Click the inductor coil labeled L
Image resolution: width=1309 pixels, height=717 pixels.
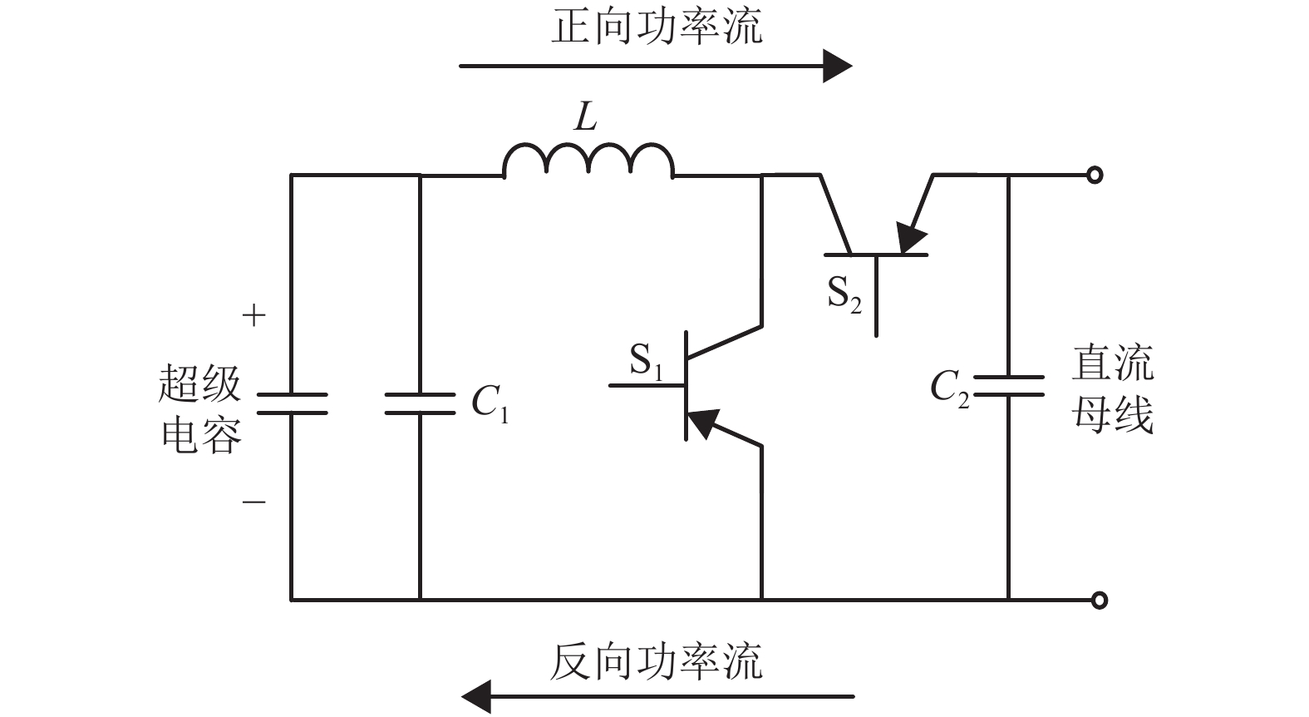pyautogui.click(x=588, y=161)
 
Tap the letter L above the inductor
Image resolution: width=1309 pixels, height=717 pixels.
pyautogui.click(x=586, y=118)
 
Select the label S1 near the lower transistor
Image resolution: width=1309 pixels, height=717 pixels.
pyautogui.click(x=646, y=362)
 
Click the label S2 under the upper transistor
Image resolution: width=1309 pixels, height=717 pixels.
pyautogui.click(x=844, y=294)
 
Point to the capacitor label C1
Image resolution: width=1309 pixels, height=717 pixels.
pyautogui.click(x=490, y=404)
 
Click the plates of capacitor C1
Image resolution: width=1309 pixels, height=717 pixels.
pyautogui.click(x=420, y=403)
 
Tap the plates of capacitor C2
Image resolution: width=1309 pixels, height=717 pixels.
pyautogui.click(x=1008, y=386)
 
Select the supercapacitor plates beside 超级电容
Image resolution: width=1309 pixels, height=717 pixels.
pyautogui.click(x=291, y=403)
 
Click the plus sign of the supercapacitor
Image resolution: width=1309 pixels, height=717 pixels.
pyautogui.click(x=253, y=316)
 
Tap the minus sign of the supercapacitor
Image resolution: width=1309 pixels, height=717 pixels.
pyautogui.click(x=253, y=502)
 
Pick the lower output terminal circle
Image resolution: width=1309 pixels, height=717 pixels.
pyautogui.click(x=1099, y=600)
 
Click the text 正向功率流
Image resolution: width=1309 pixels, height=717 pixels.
pyautogui.click(x=657, y=27)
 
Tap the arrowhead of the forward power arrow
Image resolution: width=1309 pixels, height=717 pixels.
pyautogui.click(x=836, y=66)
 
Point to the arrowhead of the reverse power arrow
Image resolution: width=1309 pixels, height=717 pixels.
pyautogui.click(x=477, y=696)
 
